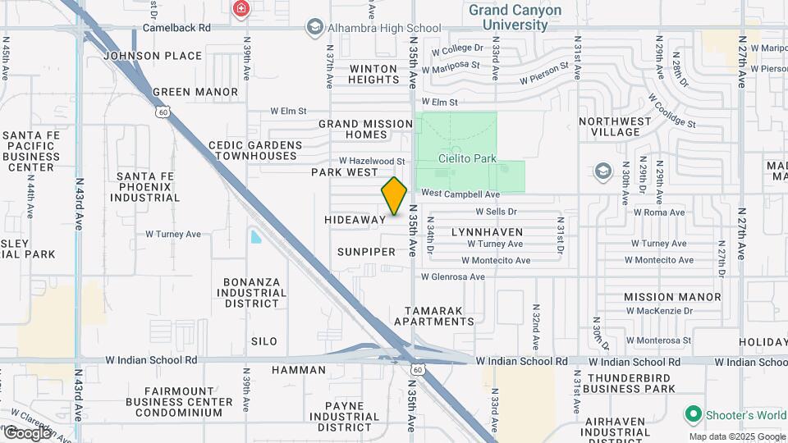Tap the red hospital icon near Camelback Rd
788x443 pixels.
click(241, 9)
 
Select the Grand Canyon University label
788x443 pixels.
click(515, 17)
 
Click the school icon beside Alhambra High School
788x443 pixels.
click(314, 28)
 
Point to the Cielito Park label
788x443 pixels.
click(467, 158)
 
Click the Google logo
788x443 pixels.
click(27, 432)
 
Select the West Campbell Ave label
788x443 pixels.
click(460, 194)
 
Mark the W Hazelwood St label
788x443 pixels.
click(373, 162)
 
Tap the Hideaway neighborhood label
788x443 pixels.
click(355, 220)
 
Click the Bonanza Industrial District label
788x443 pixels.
click(252, 292)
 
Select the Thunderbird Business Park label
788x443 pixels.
click(631, 382)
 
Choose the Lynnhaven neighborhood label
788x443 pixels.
click(487, 232)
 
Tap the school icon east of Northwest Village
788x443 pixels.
click(603, 171)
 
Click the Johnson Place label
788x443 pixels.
click(153, 56)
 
